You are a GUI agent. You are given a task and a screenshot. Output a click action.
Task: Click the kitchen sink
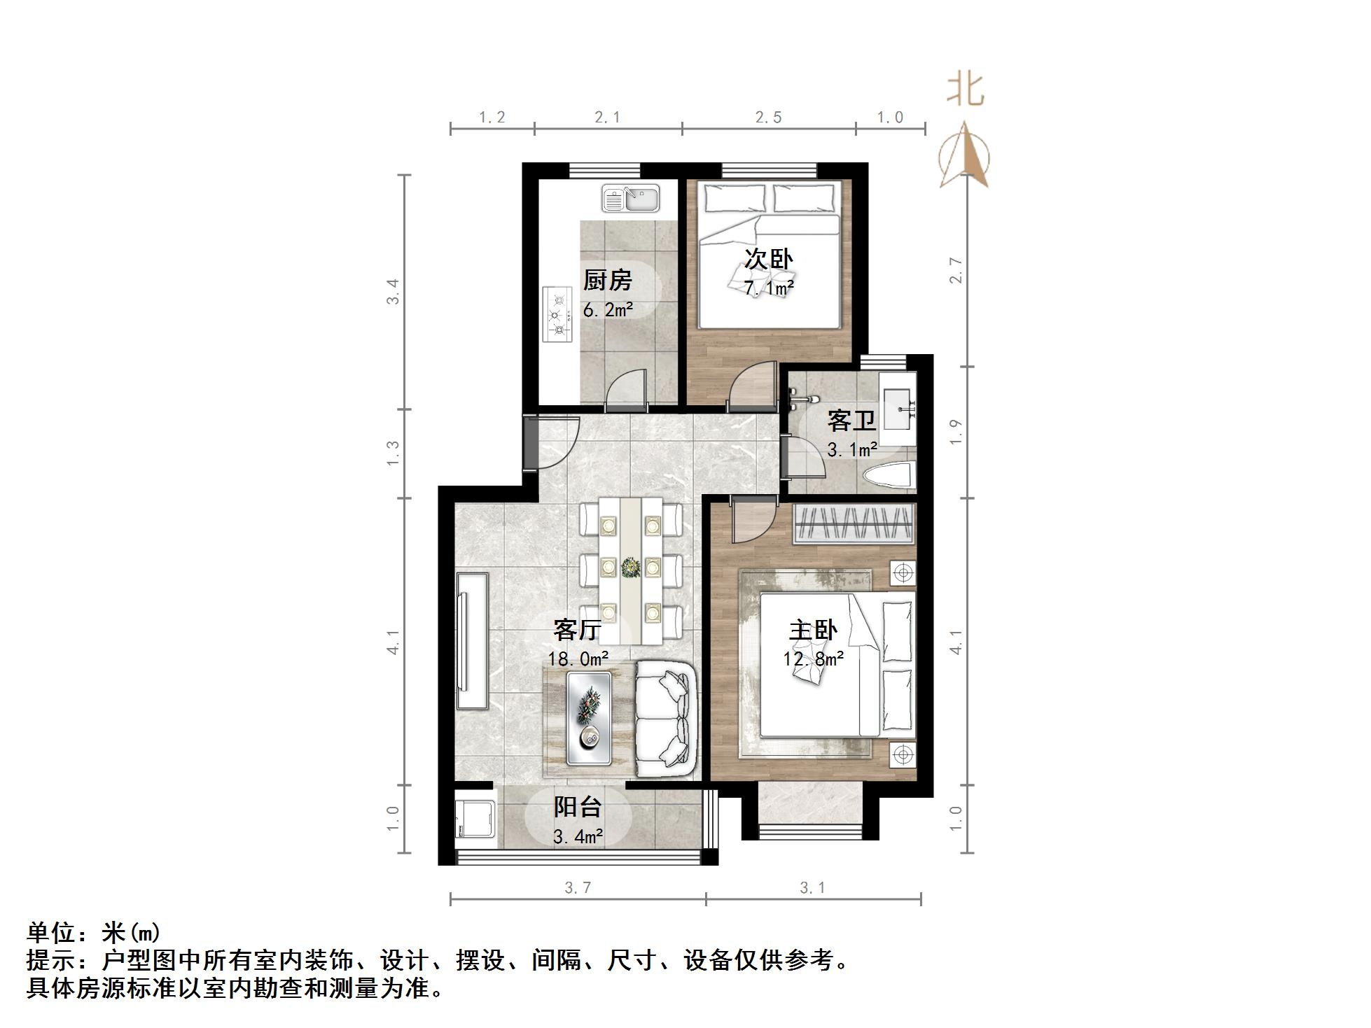[631, 199]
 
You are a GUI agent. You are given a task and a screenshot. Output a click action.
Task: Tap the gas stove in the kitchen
[558, 315]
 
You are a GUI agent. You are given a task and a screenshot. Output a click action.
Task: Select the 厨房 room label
[608, 281]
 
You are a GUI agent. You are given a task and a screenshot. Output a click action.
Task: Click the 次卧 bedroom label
[768, 259]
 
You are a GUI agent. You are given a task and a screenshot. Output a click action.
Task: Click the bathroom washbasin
[899, 409]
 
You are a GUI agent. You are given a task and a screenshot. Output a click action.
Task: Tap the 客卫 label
[851, 421]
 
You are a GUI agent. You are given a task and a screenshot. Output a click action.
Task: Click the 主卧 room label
[813, 631]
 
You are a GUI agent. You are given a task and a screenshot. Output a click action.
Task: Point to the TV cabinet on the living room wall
[471, 642]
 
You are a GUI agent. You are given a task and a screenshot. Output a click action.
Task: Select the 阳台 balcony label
[578, 807]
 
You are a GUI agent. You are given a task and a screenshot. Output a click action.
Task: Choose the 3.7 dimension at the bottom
[578, 888]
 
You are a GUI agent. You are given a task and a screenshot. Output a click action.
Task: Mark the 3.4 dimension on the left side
[394, 291]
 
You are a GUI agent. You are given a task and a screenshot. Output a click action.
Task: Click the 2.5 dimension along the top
[768, 118]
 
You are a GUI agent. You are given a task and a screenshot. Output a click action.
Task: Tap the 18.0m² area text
[578, 659]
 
